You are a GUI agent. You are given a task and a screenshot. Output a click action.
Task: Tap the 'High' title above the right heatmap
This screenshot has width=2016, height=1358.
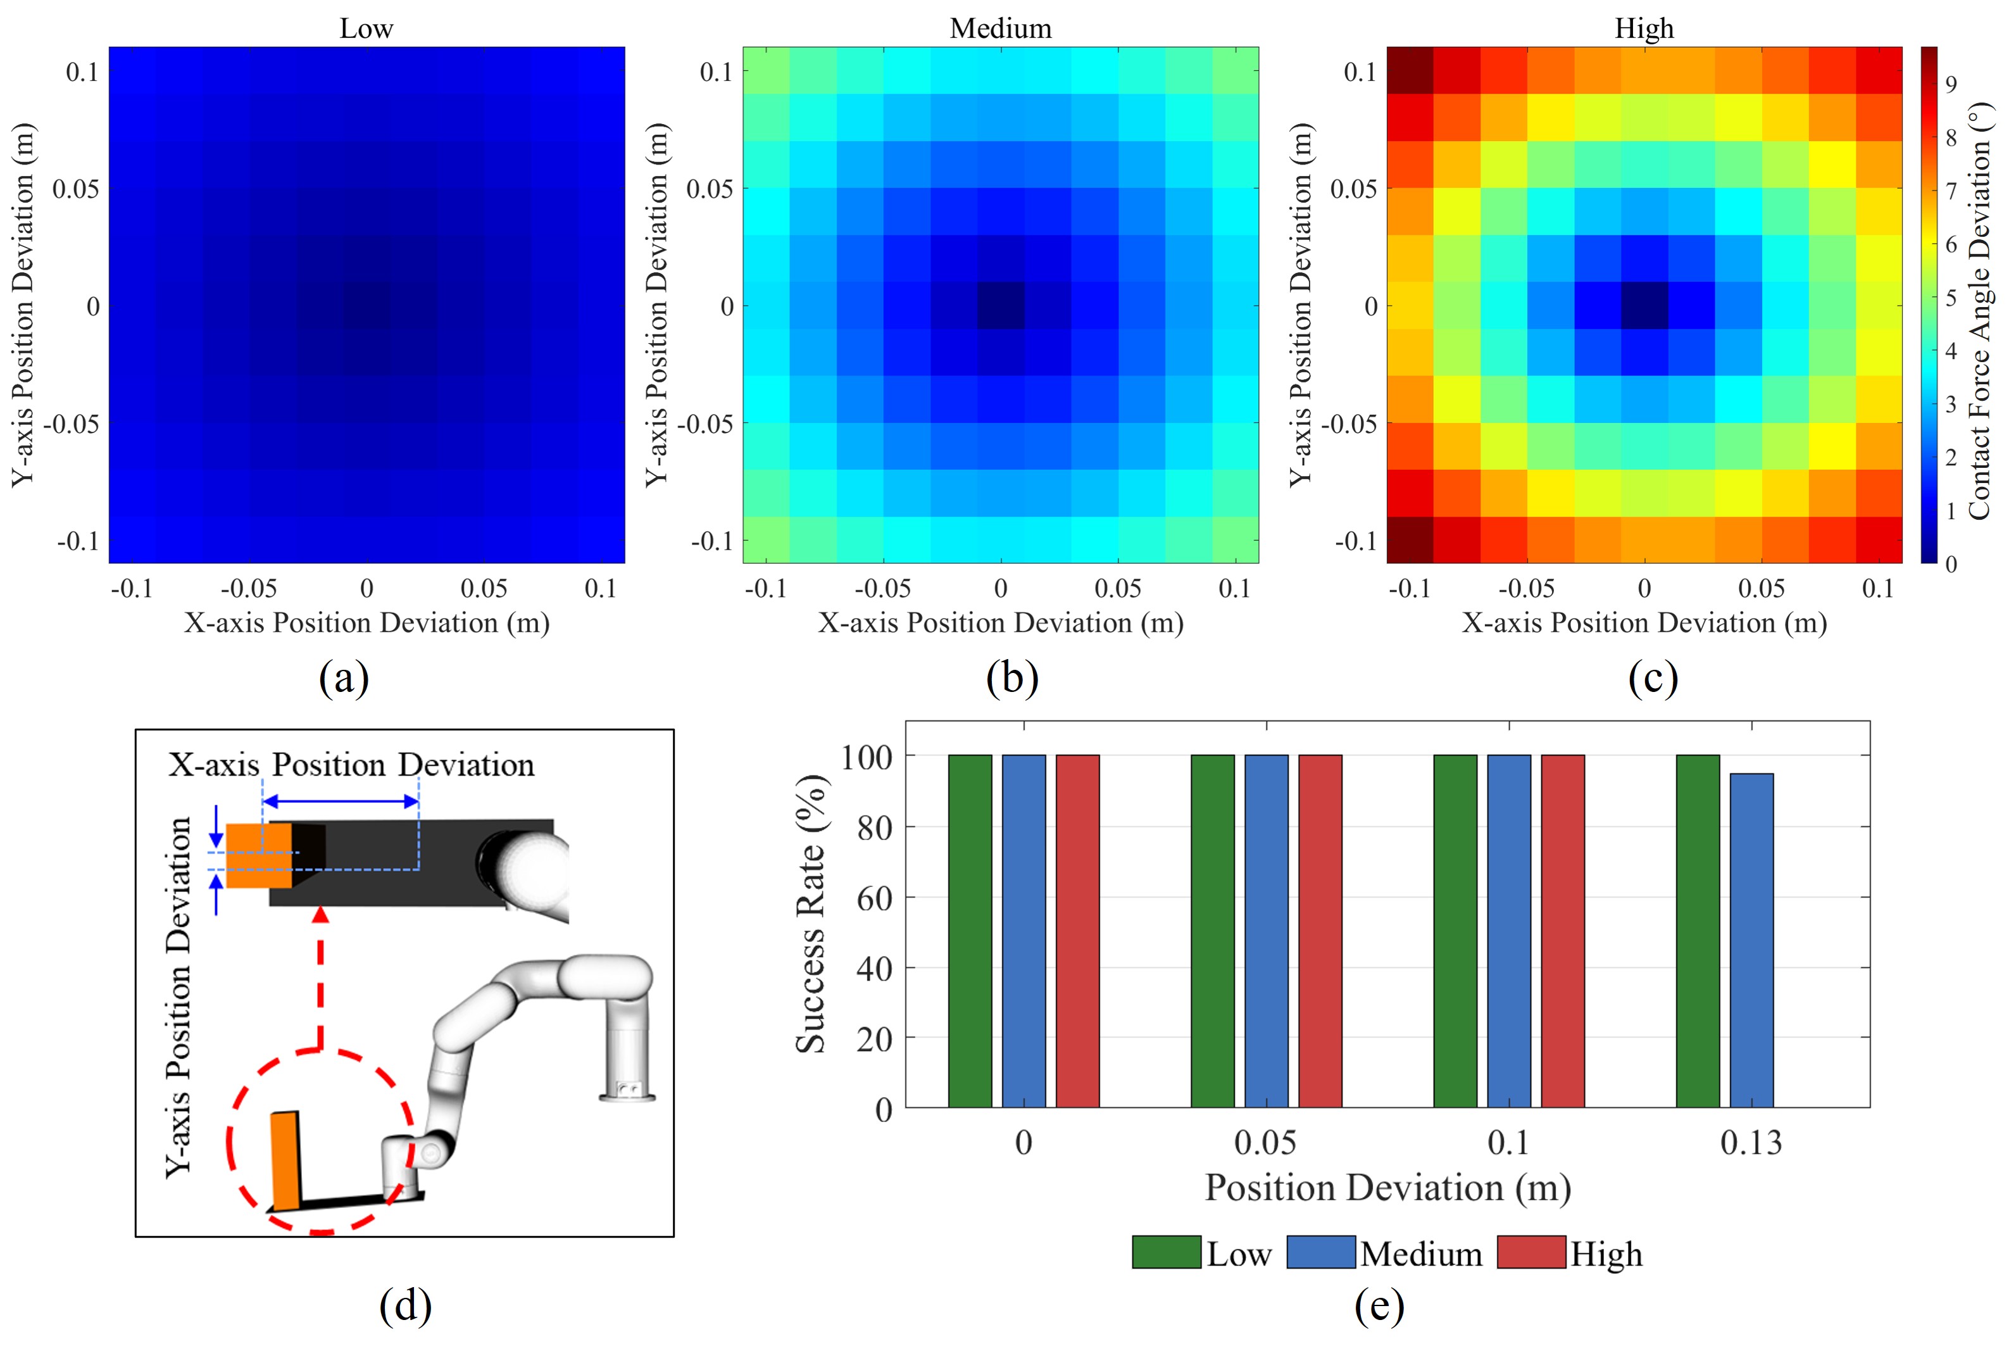coord(1644,28)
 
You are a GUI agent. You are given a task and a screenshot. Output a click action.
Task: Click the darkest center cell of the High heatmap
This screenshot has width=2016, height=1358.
coord(1644,306)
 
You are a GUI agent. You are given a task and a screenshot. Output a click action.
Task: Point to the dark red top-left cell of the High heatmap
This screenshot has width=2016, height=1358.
coord(1409,70)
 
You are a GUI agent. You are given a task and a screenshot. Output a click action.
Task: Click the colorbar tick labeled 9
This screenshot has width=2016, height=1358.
coord(1951,84)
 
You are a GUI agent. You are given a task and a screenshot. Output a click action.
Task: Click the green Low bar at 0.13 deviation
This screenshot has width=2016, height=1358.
coord(1698,931)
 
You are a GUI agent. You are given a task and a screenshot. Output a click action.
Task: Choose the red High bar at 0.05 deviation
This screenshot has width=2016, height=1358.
coord(1320,931)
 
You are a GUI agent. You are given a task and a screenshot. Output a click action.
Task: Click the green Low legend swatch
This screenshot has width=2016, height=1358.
coord(1165,1252)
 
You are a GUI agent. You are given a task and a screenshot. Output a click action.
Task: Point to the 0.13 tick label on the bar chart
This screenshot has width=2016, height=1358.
coord(1750,1143)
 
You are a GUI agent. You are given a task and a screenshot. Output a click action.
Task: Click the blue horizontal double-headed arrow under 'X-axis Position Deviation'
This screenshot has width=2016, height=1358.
coord(341,801)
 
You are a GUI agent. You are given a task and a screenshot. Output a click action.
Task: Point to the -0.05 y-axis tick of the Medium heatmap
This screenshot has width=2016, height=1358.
coord(704,424)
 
